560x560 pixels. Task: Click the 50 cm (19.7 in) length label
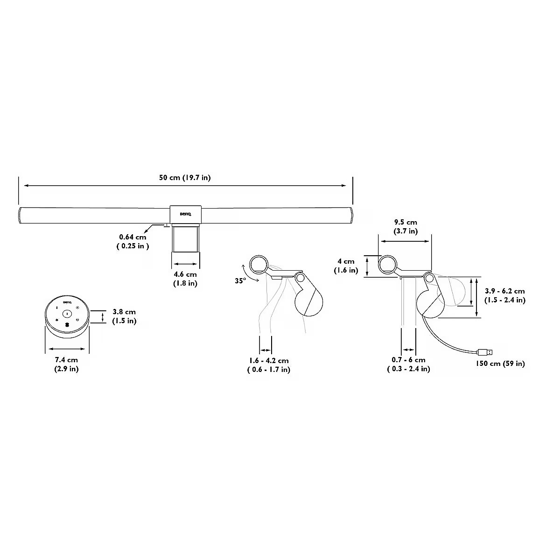point(185,177)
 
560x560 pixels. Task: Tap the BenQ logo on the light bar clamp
point(185,214)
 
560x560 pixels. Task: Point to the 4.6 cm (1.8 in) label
point(185,279)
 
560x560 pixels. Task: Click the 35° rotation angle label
point(240,281)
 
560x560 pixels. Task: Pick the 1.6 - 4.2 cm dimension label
point(269,365)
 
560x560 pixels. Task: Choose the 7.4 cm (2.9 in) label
point(67,364)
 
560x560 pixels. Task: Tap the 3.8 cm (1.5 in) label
point(125,316)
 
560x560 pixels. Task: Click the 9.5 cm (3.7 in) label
point(406,227)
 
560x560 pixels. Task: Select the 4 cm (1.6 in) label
point(346,266)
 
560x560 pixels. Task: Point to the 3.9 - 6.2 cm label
point(505,295)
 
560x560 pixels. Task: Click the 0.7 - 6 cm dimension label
point(409,364)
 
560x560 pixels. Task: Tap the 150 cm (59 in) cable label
point(500,364)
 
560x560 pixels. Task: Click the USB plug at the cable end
point(485,352)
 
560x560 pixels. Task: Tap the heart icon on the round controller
point(77,320)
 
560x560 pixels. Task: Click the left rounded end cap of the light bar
point(20,215)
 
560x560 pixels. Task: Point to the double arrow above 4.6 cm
point(185,264)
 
